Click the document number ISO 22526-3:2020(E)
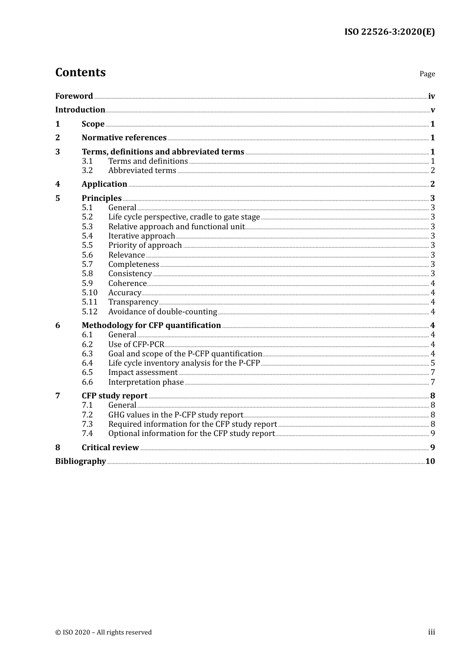click(389, 32)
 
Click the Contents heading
click(80, 72)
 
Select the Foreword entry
click(74, 96)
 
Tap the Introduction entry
click(80, 109)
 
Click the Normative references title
click(124, 137)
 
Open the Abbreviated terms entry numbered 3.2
click(142, 170)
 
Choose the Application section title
click(105, 184)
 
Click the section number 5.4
click(87, 236)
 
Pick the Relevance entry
click(127, 255)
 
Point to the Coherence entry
click(127, 283)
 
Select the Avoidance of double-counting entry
click(163, 311)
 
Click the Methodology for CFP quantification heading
click(151, 325)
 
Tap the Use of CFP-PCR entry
click(136, 344)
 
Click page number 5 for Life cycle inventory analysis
click(433, 363)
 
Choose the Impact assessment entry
click(143, 372)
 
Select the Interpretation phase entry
click(146, 382)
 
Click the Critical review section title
click(110, 447)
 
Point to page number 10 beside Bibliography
click(430, 461)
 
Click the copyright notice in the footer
click(104, 632)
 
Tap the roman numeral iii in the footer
click(432, 632)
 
